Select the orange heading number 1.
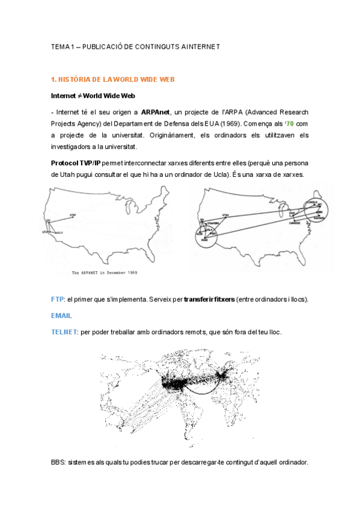click(x=53, y=79)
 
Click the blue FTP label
click(x=58, y=299)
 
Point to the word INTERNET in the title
click(x=203, y=46)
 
